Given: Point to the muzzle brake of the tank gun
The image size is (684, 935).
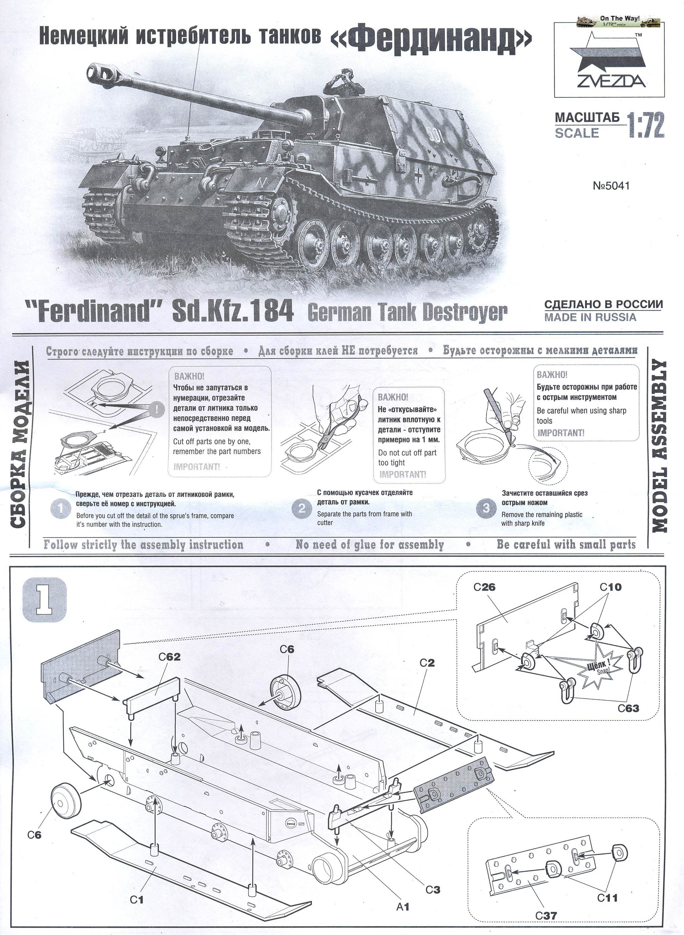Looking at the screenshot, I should click(x=100, y=72).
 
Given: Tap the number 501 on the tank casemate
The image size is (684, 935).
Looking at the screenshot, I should click(x=436, y=137).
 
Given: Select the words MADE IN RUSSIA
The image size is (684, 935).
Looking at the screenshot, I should click(x=590, y=317).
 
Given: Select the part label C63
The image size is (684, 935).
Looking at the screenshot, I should click(x=628, y=708).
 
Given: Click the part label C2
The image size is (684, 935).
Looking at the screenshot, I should click(x=427, y=663).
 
